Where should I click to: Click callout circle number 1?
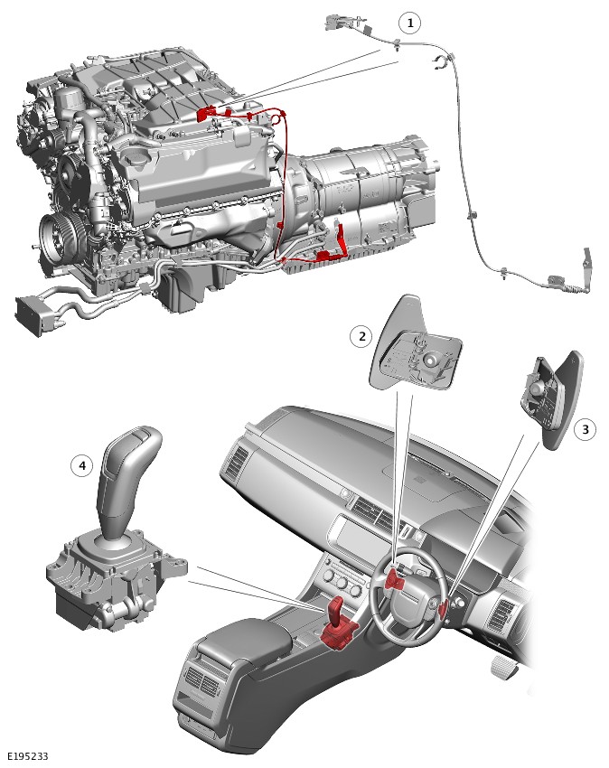(410, 23)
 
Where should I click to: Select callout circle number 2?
(361, 336)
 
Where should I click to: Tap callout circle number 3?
(585, 430)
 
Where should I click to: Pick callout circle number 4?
(82, 465)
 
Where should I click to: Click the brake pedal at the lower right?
(505, 666)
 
